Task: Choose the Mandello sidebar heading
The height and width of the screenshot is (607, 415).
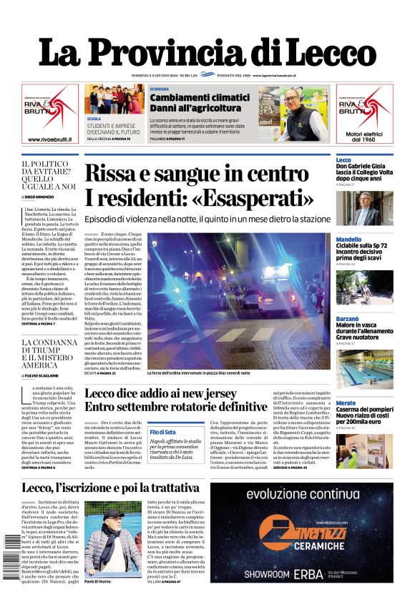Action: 348,239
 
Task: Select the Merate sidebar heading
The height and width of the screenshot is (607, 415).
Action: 346,403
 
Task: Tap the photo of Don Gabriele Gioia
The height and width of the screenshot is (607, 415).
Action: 364,208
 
